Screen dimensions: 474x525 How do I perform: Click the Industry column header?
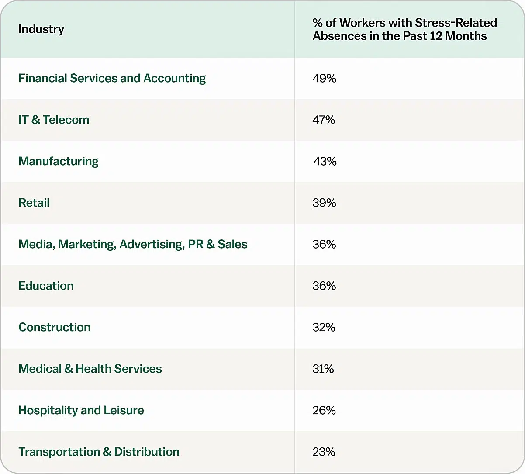coord(41,29)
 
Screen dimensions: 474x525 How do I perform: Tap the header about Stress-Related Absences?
coord(404,29)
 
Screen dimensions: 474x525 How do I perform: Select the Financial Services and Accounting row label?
coord(112,78)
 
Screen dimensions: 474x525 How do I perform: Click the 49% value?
coord(324,78)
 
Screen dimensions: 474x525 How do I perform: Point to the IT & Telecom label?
coord(54,120)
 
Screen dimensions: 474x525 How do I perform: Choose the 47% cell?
coord(324,120)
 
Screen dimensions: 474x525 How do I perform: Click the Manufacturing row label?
coord(59,161)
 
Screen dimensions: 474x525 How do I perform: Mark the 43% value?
coord(325,161)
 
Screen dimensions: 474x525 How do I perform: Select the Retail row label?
coord(34,203)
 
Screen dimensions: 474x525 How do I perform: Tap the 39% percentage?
coord(324,203)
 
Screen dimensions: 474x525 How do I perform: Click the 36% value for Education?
coord(324,286)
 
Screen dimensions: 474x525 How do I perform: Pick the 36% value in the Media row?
coord(324,244)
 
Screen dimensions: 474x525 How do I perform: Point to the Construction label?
coord(55,327)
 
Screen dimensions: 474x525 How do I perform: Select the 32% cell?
coord(324,327)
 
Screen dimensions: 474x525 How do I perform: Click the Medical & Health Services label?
coord(90,369)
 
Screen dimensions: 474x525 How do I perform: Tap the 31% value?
coord(323,369)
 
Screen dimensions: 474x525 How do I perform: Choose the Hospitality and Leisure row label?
coord(81,410)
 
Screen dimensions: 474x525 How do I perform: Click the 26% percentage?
coord(324,410)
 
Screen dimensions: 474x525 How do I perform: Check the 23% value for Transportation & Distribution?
coord(324,452)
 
